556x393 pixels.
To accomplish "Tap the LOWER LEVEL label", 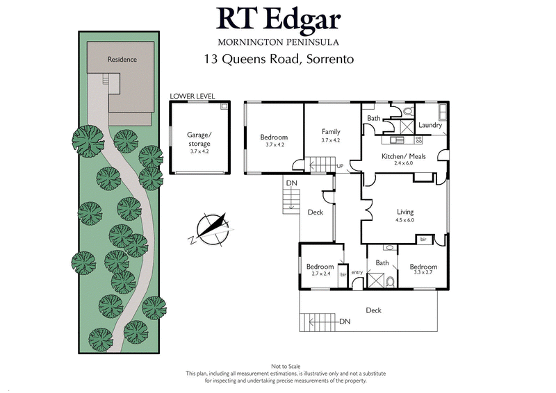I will point(192,96).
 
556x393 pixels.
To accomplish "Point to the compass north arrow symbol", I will point(212,228).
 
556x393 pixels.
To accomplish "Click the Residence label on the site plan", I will point(122,60).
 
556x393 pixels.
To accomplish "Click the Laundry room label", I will point(430,125).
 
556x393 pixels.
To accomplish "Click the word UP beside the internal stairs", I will point(340,167).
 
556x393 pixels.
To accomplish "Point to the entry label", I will point(357,272).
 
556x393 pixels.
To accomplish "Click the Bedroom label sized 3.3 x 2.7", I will point(423,267).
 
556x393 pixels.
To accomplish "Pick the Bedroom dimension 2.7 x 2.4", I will point(320,274).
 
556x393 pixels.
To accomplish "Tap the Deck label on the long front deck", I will point(373,310).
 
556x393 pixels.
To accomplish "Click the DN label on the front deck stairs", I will point(345,322).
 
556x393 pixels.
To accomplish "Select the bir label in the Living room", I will point(423,240).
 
